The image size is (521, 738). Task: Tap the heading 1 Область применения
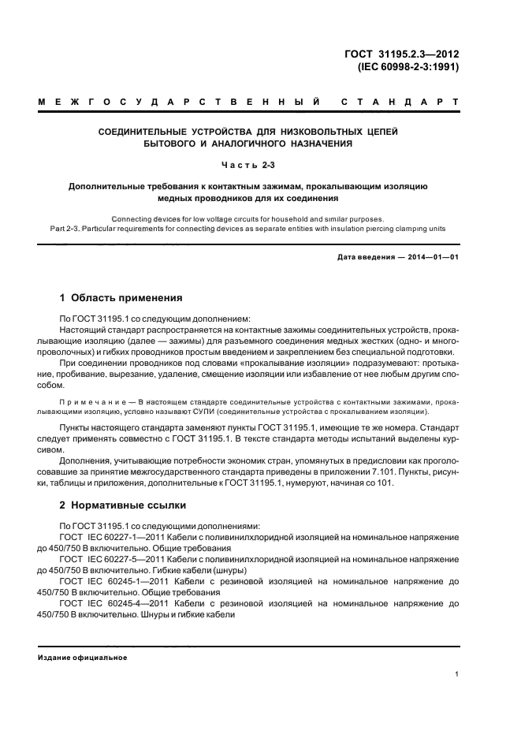pos(121,299)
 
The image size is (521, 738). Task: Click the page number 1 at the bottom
pos(457,674)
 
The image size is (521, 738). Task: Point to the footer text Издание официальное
pos(83,657)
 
